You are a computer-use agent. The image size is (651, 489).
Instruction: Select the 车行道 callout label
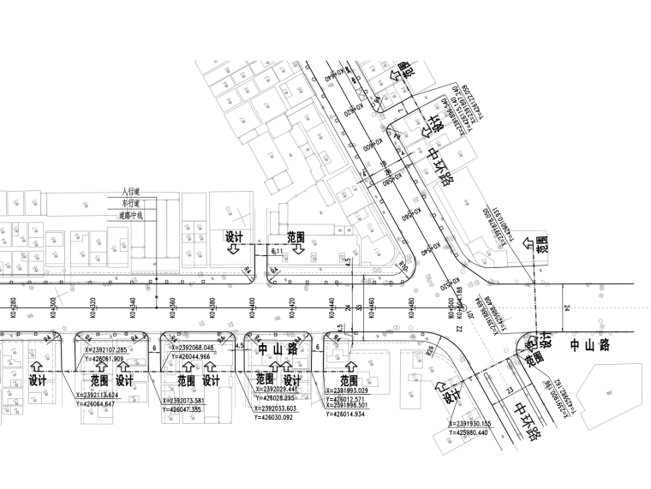tap(132, 205)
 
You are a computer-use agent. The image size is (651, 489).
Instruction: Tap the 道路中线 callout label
tap(132, 217)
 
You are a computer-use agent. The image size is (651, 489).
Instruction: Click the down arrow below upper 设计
tap(234, 250)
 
